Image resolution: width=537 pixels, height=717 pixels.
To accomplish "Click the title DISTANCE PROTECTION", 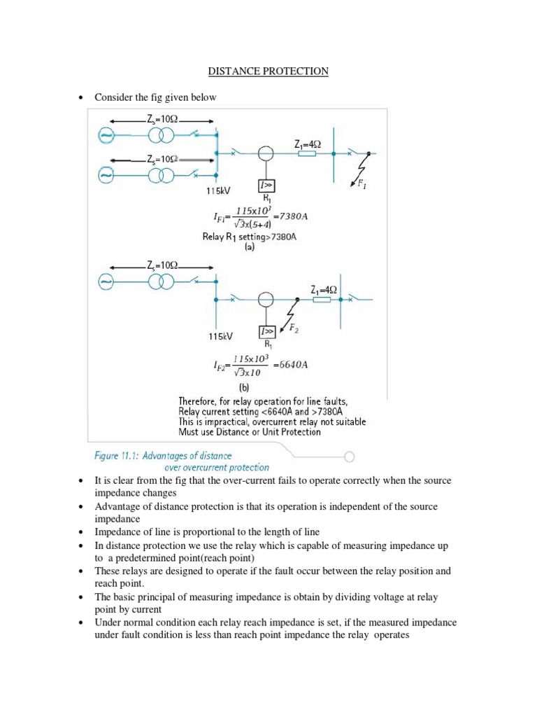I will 268,71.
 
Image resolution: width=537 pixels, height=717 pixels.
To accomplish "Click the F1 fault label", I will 361,185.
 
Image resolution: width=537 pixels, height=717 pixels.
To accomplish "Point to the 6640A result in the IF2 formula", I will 290,365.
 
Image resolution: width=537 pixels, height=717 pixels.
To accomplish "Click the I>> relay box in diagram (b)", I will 266,330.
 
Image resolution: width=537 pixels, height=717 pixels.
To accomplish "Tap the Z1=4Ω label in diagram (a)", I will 307,144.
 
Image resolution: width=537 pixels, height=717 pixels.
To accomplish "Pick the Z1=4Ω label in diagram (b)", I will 323,289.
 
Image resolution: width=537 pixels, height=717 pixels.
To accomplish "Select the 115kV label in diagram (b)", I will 220,336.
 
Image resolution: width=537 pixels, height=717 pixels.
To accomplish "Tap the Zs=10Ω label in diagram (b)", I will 162,265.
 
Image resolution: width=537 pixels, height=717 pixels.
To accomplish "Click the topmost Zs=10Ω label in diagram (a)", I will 162,120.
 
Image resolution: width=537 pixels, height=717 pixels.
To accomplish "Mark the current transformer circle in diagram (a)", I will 266,153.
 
